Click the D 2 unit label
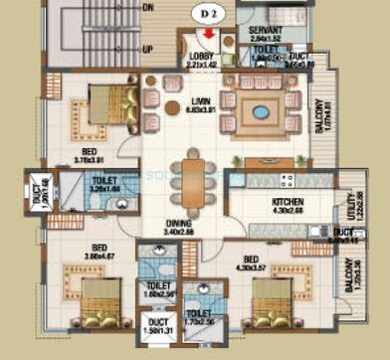point(208,14)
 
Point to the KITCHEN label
point(287,203)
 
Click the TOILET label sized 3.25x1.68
point(104,182)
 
